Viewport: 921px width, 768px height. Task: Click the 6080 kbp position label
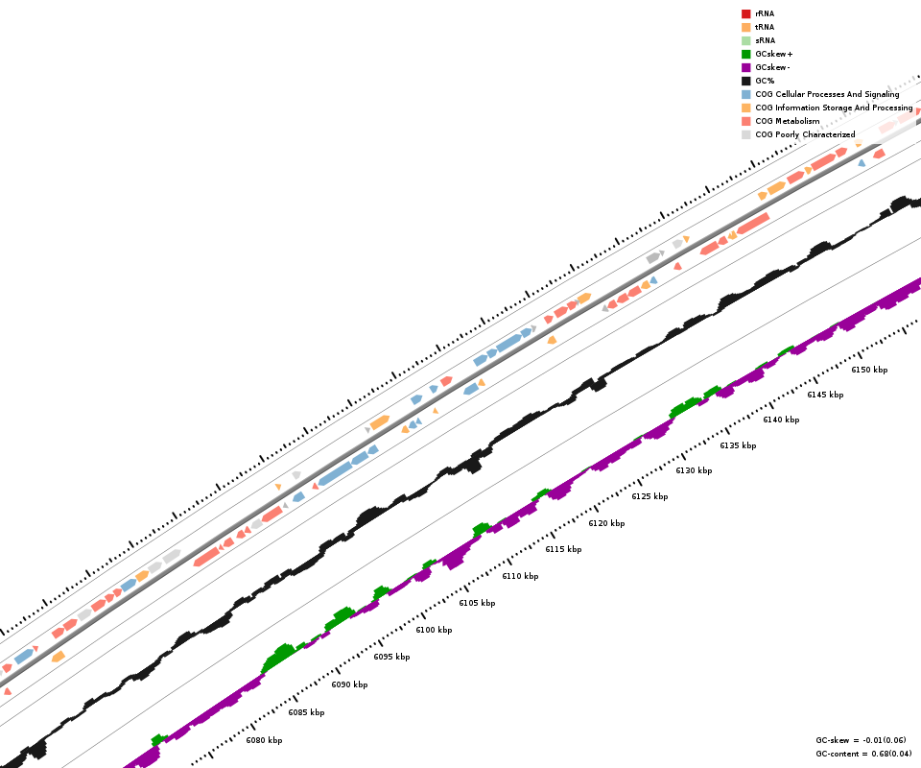pyautogui.click(x=264, y=740)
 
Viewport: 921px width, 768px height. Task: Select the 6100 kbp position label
pyautogui.click(x=434, y=630)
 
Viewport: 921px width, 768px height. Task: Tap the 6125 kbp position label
pyautogui.click(x=649, y=496)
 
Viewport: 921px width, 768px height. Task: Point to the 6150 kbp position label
pyautogui.click(x=869, y=370)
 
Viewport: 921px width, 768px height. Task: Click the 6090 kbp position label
pyautogui.click(x=349, y=684)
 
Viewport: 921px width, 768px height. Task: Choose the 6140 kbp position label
pyautogui.click(x=781, y=420)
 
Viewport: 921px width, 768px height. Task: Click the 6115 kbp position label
pyautogui.click(x=563, y=549)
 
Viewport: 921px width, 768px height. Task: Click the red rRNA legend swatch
pyautogui.click(x=745, y=14)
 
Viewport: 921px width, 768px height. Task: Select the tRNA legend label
pyautogui.click(x=765, y=28)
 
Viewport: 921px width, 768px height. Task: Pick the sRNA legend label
pyautogui.click(x=765, y=41)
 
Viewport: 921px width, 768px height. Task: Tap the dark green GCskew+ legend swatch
pyautogui.click(x=745, y=55)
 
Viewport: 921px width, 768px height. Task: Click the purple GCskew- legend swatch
pyautogui.click(x=745, y=68)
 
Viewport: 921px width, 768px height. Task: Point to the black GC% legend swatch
pyautogui.click(x=745, y=82)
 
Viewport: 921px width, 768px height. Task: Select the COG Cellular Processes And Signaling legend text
pyautogui.click(x=827, y=95)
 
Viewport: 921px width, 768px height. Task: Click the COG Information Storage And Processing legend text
pyautogui.click(x=834, y=108)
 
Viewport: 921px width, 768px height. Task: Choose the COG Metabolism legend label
pyautogui.click(x=788, y=122)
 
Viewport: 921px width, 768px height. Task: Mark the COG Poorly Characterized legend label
pyautogui.click(x=805, y=135)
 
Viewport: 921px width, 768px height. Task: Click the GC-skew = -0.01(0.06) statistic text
pyautogui.click(x=861, y=740)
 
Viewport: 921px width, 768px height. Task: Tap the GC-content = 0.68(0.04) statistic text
pyautogui.click(x=863, y=754)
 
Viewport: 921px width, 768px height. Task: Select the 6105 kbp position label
pyautogui.click(x=477, y=603)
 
